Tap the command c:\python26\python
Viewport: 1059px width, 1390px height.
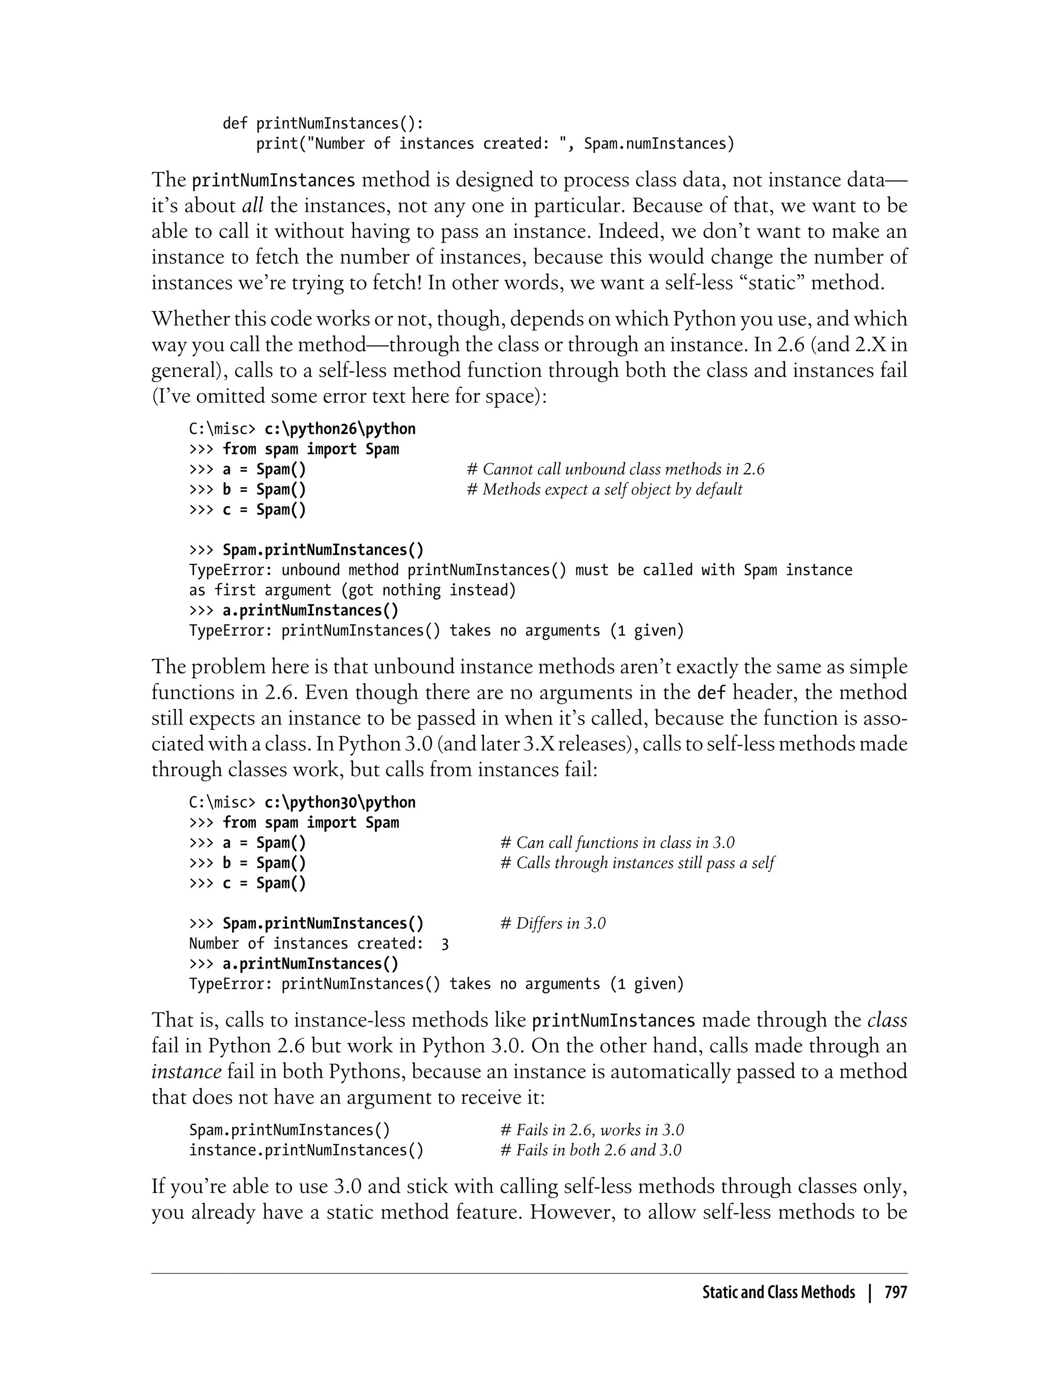point(340,429)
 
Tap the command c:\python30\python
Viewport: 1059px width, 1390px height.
point(340,803)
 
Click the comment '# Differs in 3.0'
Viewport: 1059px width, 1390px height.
point(553,924)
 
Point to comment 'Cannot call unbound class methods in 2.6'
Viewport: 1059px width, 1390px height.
point(615,470)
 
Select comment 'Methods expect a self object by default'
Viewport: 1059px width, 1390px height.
point(604,490)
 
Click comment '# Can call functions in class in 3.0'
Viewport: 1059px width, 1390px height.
point(617,843)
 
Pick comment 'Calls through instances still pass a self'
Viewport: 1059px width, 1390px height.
point(637,863)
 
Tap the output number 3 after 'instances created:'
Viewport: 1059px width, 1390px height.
point(445,944)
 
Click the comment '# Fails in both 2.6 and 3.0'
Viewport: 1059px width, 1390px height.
point(591,1151)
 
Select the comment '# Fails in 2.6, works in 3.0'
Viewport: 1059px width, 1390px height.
point(592,1130)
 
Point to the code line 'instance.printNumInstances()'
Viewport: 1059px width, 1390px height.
point(306,1151)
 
